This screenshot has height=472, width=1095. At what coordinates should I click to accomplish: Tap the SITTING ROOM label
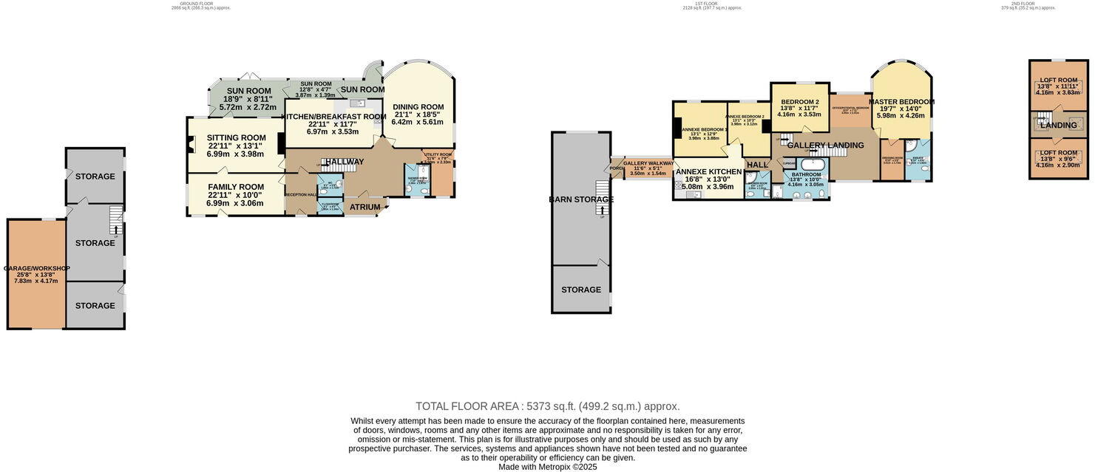coord(236,137)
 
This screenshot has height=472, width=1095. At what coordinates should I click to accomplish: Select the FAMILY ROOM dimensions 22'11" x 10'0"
coord(235,203)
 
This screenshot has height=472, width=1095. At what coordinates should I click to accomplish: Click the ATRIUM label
coord(365,207)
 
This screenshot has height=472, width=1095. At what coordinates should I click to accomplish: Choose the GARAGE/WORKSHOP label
coord(36,268)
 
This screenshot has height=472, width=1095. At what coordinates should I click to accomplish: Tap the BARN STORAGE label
coord(581,199)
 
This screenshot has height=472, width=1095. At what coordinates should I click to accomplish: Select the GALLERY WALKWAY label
coord(648,163)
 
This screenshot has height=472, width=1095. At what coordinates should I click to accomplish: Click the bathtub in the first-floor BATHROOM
coord(814,164)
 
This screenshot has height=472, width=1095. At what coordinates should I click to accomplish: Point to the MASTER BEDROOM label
coord(901,102)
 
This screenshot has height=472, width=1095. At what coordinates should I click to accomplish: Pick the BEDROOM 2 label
coord(800,102)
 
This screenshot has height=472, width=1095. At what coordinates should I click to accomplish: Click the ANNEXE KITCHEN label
coord(708,171)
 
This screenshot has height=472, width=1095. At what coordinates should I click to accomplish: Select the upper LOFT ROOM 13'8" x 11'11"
coord(1058,80)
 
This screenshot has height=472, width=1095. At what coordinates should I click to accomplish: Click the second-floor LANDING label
coord(1058,126)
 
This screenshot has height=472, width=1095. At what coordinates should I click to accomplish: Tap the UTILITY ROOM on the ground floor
coord(438,157)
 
